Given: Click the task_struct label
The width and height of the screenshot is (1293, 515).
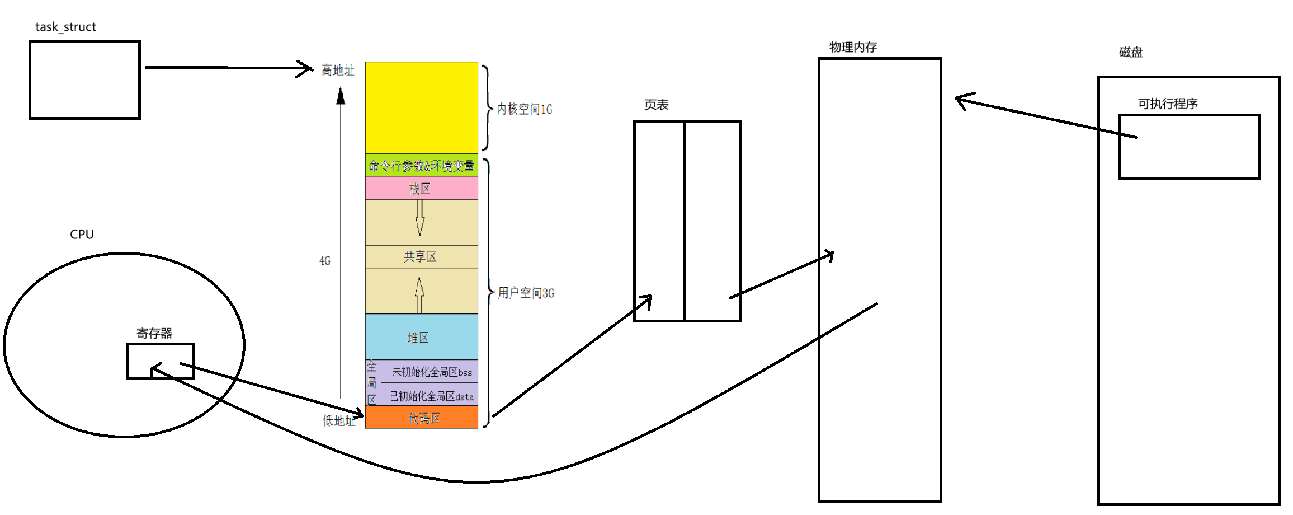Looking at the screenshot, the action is tap(65, 27).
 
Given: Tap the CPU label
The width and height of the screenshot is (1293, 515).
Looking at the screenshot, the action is tap(82, 235).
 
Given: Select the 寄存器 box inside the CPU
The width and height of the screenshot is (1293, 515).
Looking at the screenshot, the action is tap(161, 361).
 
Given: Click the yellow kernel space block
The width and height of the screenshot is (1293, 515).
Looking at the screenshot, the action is tap(421, 106).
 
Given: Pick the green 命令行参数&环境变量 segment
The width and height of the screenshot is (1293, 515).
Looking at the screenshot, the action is tap(421, 166).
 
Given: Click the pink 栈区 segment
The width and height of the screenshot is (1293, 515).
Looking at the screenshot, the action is tap(421, 189).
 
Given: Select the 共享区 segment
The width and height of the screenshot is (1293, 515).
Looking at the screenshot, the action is tap(421, 257).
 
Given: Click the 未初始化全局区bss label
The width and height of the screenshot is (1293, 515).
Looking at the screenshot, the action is tap(432, 372).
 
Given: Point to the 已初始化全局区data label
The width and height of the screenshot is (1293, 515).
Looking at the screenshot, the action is tap(432, 396).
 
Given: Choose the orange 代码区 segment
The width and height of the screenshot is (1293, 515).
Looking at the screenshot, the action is tap(423, 418).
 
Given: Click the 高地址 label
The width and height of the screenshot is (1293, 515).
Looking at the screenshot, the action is tap(338, 71).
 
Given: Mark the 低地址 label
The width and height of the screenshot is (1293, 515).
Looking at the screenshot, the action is tap(338, 420).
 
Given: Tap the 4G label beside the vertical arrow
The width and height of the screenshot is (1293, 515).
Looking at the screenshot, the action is tap(325, 261).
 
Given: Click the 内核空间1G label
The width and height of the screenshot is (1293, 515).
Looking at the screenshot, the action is tap(525, 109).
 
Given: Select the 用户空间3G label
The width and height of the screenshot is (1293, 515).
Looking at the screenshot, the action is tap(526, 293).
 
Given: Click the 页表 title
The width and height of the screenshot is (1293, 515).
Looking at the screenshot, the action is tap(656, 105).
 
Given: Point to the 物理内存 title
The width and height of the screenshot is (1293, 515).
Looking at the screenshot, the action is tap(853, 47).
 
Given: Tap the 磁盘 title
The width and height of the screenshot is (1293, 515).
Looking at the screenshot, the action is tap(1131, 52).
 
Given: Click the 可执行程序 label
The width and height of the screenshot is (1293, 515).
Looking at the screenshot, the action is tap(1168, 104).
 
